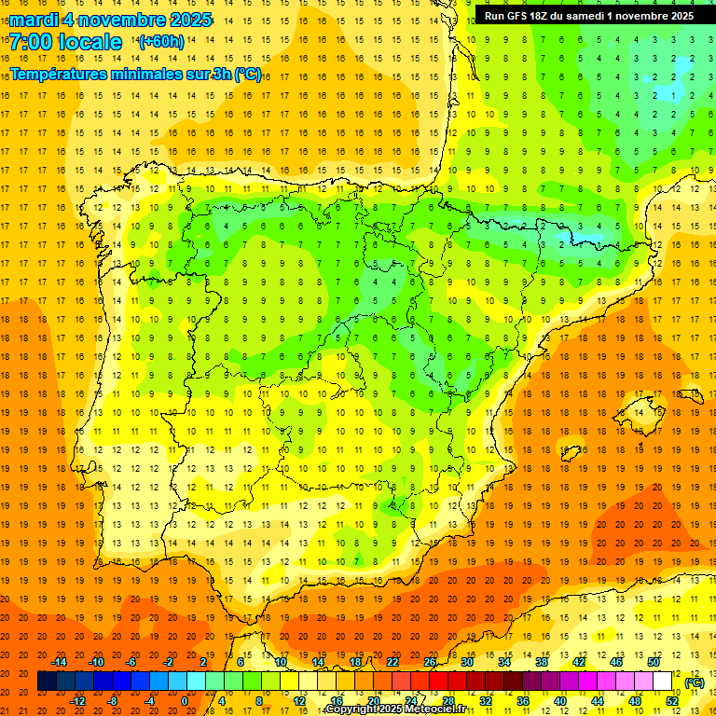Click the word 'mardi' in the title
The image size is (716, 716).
[34, 20]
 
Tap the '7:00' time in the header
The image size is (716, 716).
[31, 42]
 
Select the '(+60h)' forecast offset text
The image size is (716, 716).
[161, 42]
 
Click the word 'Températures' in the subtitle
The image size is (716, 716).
[61, 74]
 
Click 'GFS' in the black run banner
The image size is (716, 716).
[520, 16]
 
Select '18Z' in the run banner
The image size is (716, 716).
[546, 16]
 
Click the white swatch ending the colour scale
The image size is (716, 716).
[662, 682]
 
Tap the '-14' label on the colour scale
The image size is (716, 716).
[61, 662]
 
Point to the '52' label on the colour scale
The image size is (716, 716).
[672, 701]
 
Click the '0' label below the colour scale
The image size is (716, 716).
[185, 701]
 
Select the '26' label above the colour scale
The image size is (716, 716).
[430, 662]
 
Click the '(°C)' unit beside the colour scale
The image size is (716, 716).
[694, 682]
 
